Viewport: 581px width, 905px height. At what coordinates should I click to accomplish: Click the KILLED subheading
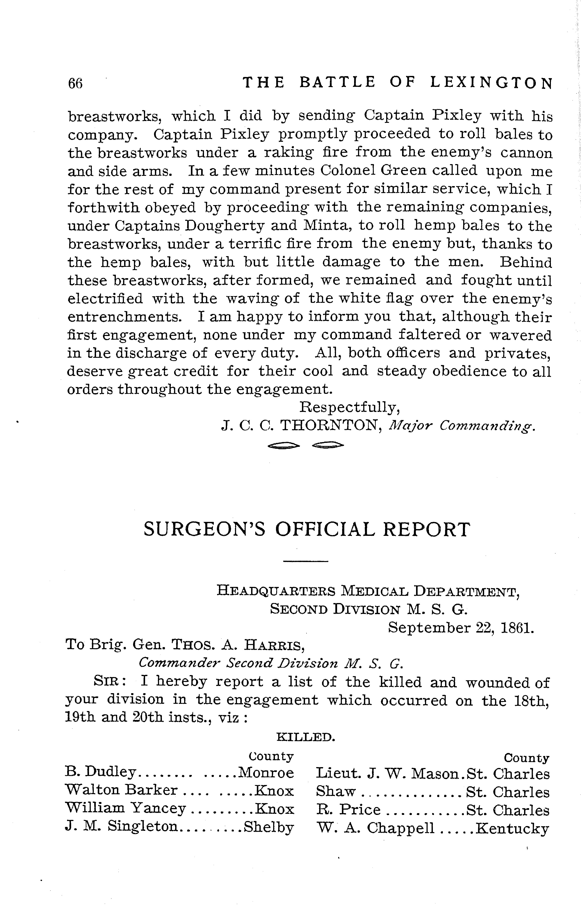pyautogui.click(x=306, y=737)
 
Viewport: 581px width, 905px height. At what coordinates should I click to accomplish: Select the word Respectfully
pyautogui.click(x=349, y=407)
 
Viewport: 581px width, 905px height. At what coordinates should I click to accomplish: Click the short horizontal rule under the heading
pyautogui.click(x=306, y=562)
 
